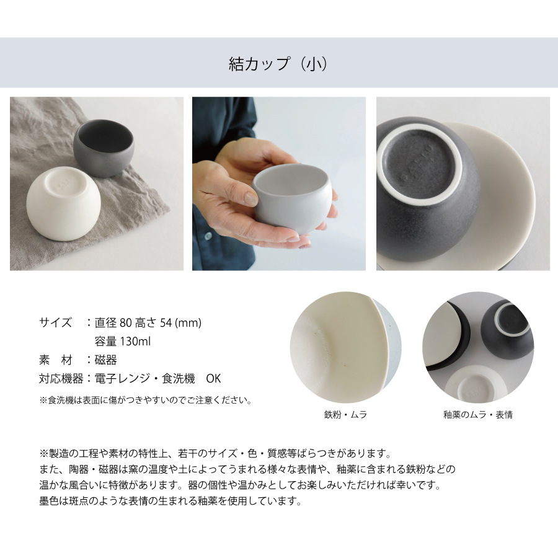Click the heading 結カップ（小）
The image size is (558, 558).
coord(278,64)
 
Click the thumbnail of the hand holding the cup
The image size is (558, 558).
coord(278,184)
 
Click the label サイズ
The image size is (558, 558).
coord(56,322)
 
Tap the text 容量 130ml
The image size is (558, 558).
coord(122,341)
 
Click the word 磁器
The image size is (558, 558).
coord(105,360)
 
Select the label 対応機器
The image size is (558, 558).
coord(61,378)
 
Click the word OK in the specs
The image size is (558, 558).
coord(213,378)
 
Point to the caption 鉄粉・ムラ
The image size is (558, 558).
coord(345,415)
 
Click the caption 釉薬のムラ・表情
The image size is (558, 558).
coord(478,415)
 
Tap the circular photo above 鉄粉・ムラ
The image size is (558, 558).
coord(345,347)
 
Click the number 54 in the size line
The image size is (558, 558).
coord(166,323)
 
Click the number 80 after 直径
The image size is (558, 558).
coord(126,323)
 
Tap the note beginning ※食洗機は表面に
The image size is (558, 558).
coord(146,401)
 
